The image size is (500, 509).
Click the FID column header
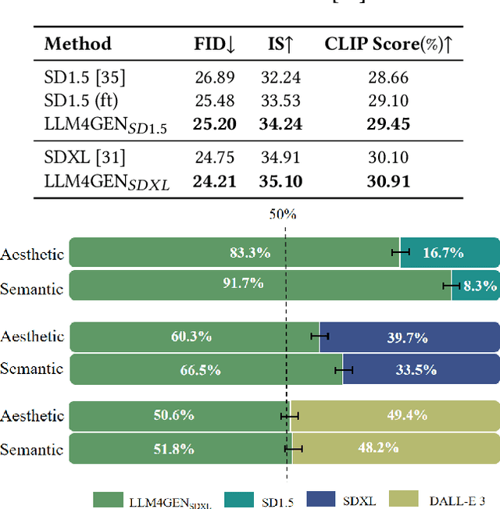(x=214, y=44)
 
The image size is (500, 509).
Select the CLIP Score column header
(x=389, y=44)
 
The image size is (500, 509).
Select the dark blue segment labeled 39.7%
(x=409, y=337)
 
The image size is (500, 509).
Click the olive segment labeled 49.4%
(x=395, y=415)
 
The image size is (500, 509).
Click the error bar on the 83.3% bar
(x=401, y=251)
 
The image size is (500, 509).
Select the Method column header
(x=77, y=44)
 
